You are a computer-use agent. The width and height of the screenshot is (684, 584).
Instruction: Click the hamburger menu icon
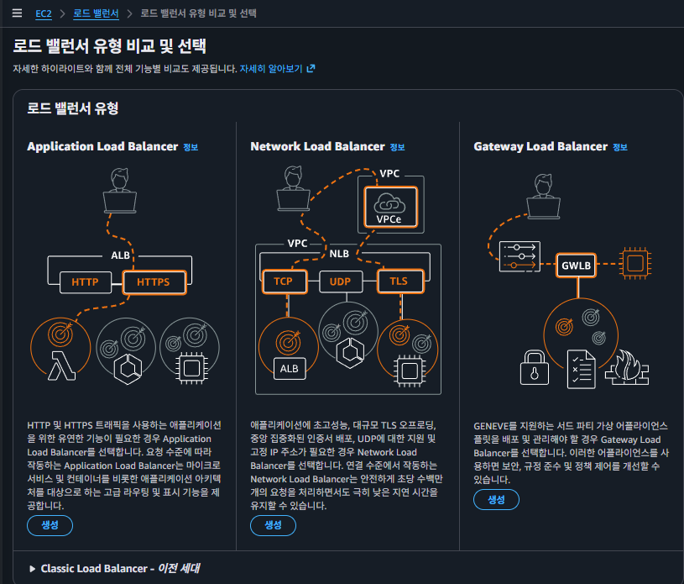click(x=17, y=13)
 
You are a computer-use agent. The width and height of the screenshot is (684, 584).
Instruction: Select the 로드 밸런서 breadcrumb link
click(x=96, y=13)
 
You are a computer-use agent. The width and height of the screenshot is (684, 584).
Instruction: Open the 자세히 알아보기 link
click(x=277, y=68)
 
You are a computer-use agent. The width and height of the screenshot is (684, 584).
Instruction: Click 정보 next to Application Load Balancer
click(x=191, y=147)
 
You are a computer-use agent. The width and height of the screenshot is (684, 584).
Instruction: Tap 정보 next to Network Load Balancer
click(x=397, y=147)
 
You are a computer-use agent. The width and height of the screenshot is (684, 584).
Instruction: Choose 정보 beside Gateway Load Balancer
click(x=620, y=147)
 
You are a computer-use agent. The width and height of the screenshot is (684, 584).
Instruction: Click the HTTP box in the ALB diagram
click(x=86, y=281)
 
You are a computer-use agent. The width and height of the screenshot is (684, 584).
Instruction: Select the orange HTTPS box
click(x=153, y=281)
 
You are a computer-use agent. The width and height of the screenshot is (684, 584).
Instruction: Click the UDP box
click(x=340, y=281)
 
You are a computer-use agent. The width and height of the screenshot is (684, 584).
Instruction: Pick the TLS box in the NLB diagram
click(x=399, y=281)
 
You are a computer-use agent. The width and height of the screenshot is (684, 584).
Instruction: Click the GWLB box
click(x=577, y=266)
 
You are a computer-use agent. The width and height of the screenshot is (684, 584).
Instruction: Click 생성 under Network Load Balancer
click(x=273, y=525)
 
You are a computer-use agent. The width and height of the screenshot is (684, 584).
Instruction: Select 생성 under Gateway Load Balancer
click(x=496, y=500)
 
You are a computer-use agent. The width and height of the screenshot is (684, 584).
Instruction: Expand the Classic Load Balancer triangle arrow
click(x=33, y=569)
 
